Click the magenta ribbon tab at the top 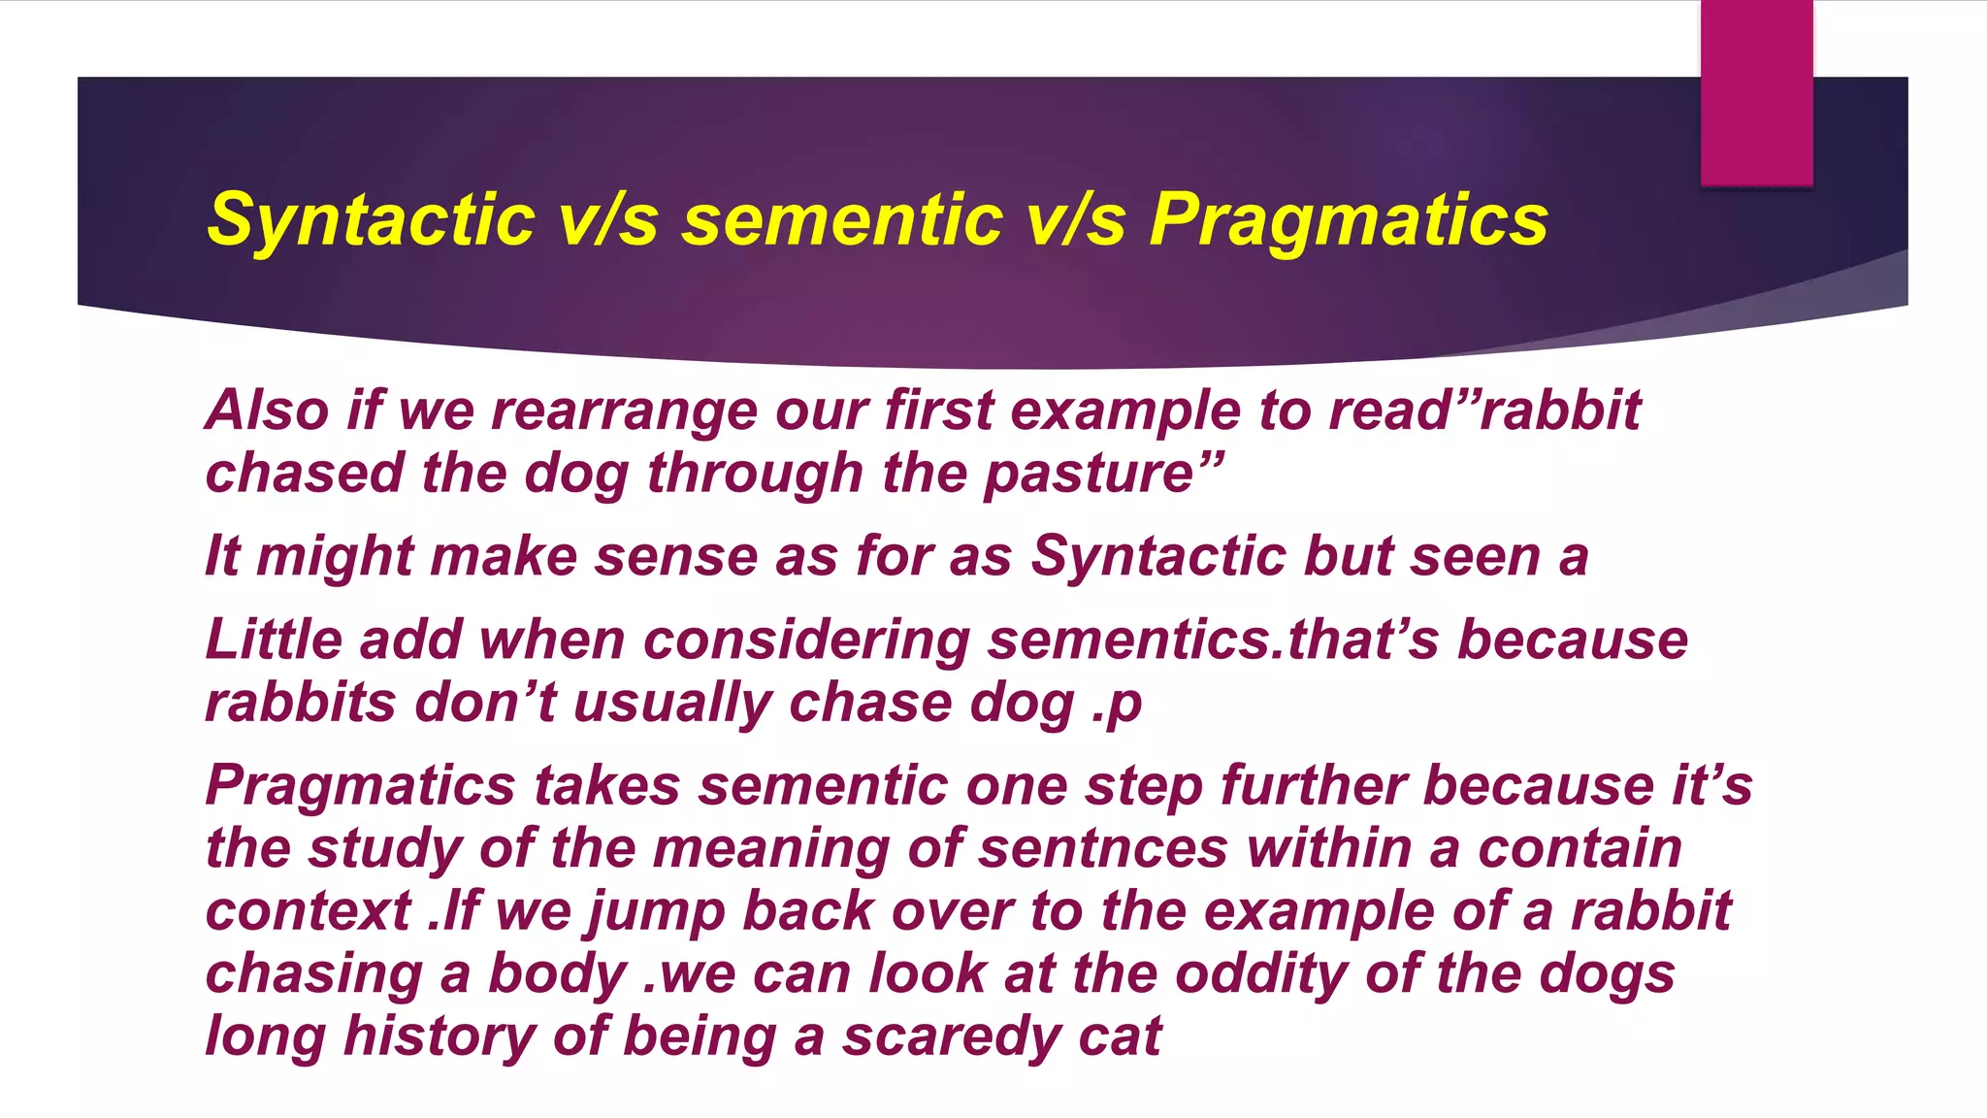pyautogui.click(x=1756, y=92)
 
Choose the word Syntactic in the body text pyautogui.click(x=1158, y=557)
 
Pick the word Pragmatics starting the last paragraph pyautogui.click(x=360, y=785)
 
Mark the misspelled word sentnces pyautogui.click(x=1103, y=848)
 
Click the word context pyautogui.click(x=309, y=911)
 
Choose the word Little pyautogui.click(x=274, y=641)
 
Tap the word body pyautogui.click(x=558, y=973)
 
